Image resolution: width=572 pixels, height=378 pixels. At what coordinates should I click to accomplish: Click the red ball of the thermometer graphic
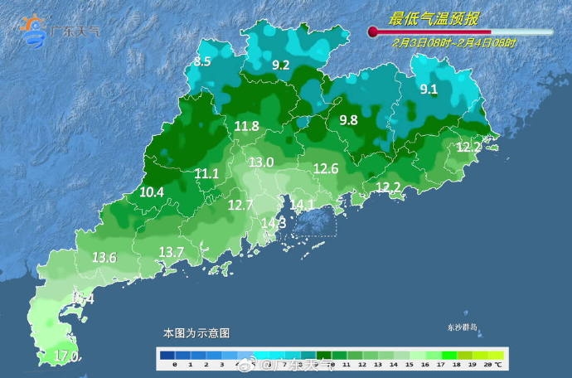click(x=373, y=32)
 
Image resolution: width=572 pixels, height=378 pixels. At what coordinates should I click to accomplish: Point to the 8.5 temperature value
click(x=203, y=61)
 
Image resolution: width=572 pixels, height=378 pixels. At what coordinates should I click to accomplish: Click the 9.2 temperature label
click(x=281, y=65)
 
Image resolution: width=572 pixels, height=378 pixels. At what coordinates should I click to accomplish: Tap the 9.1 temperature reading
click(x=429, y=90)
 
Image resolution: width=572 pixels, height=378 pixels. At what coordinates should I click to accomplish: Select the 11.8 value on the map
click(x=246, y=126)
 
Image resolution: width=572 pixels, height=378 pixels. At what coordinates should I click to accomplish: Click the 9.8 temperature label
click(x=348, y=120)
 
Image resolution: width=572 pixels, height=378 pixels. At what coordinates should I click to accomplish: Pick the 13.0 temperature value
click(x=261, y=162)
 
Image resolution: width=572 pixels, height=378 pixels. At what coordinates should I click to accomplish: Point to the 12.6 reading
click(x=326, y=169)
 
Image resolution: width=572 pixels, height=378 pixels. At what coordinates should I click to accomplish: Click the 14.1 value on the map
click(x=302, y=205)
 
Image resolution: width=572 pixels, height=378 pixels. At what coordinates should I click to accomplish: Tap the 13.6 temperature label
click(x=104, y=257)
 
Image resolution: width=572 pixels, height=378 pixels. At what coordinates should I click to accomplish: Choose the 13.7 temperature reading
click(x=171, y=251)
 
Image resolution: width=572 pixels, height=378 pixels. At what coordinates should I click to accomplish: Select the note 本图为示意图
click(x=196, y=333)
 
